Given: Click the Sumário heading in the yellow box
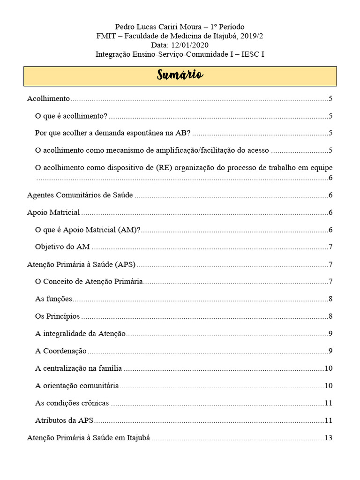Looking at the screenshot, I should tap(180, 76).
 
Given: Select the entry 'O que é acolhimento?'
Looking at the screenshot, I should tap(71, 116).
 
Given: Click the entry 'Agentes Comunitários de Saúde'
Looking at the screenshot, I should tap(80, 195).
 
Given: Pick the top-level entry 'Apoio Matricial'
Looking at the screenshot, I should tap(53, 212).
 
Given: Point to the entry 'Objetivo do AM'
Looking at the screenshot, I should tap(62, 247).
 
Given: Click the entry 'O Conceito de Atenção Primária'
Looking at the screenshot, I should tap(89, 282).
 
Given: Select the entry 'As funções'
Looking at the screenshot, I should tap(53, 299).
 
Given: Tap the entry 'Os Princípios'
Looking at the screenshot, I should tap(57, 316).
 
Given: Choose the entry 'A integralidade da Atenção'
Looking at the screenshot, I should tap(81, 334).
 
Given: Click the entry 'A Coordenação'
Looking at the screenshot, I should tap(61, 351).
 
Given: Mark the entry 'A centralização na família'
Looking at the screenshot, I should tap(78, 368).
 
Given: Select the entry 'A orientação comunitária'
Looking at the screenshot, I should tap(77, 386).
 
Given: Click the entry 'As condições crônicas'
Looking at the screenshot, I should tap(72, 403).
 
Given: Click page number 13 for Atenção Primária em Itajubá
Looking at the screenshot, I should tap(328, 438).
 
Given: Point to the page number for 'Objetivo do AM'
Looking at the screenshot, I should tap(330, 247).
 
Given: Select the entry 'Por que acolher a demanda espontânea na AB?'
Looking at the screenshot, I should tap(112, 133).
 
